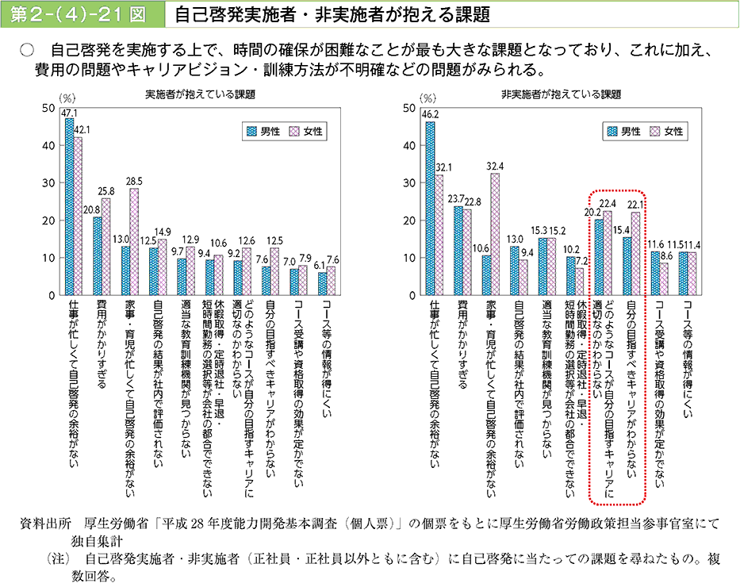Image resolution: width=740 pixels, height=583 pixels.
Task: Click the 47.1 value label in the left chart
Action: [69, 113]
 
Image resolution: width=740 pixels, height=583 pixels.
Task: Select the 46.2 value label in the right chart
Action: [431, 114]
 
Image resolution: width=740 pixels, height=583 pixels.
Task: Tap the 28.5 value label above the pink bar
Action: [134, 181]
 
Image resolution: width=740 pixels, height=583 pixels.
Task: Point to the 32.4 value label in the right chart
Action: [496, 167]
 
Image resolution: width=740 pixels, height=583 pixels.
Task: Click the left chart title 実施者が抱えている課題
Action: [200, 94]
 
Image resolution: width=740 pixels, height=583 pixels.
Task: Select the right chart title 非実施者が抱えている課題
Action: [562, 94]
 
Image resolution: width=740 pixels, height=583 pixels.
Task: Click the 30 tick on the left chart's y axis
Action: [48, 182]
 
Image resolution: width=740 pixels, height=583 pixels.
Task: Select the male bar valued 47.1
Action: [69, 206]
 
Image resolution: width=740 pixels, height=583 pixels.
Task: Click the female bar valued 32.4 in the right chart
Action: [496, 234]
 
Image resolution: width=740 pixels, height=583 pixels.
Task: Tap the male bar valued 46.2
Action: [430, 208]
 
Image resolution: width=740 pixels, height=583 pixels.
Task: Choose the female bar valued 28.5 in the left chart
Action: [134, 241]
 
